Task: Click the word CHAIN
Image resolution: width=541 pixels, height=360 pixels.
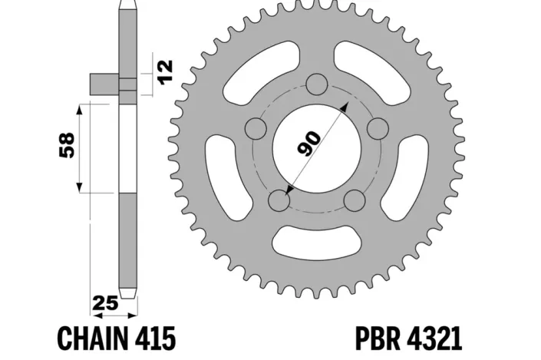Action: tap(93, 337)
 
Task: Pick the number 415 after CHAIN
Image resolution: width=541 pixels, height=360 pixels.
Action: tap(157, 337)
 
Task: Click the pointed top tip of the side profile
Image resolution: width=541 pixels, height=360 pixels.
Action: tap(129, 3)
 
